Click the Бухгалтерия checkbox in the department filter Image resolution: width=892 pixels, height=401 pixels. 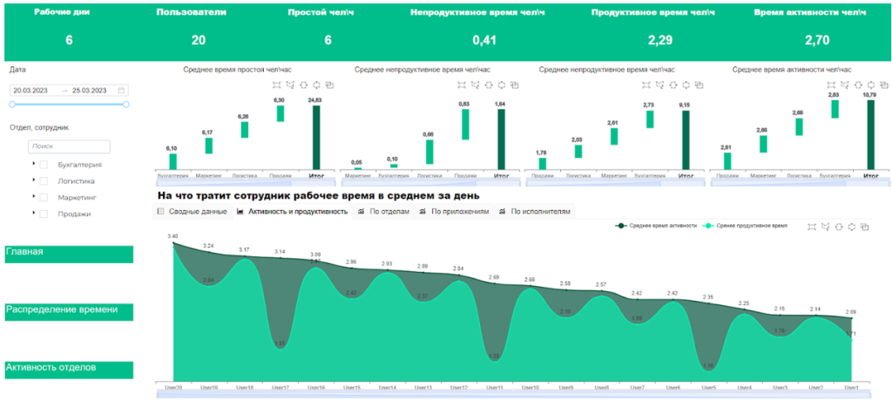[44, 164]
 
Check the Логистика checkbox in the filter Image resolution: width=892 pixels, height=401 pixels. [44, 180]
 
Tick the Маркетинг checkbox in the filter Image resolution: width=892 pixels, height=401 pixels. [44, 197]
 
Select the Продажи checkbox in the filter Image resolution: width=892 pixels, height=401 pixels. [44, 214]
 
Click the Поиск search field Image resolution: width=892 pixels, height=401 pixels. [69, 147]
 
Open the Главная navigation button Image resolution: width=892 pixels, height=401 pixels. [69, 254]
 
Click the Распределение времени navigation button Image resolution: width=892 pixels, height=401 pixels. [69, 311]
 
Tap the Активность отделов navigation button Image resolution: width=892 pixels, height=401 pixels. [69, 369]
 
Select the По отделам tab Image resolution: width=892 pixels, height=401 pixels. [383, 212]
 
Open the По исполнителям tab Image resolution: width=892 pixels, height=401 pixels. [534, 212]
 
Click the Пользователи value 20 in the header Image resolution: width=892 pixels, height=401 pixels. [199, 40]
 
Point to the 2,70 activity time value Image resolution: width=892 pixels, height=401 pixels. [816, 40]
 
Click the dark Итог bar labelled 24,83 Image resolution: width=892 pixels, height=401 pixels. [316, 138]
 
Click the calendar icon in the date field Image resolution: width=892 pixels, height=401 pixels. [122, 91]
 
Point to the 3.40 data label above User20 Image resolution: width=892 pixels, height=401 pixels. [173, 236]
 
